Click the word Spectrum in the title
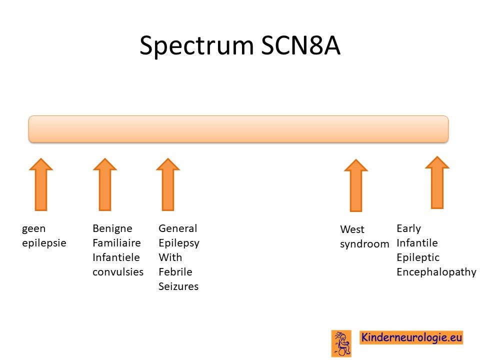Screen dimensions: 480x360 pyautogui.click(x=196, y=46)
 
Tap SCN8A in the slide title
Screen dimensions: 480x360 pyautogui.click(x=300, y=45)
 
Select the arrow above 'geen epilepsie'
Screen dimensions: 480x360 pyautogui.click(x=41, y=184)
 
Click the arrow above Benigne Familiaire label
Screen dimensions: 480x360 pyautogui.click(x=105, y=184)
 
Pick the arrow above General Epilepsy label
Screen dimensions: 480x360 pyautogui.click(x=168, y=184)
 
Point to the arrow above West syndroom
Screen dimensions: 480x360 pyautogui.click(x=355, y=185)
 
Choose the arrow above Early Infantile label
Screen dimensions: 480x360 pyautogui.click(x=437, y=182)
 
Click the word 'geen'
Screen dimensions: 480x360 pyautogui.click(x=33, y=228)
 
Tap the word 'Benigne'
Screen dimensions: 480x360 pyautogui.click(x=112, y=228)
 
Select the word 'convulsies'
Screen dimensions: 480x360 pyautogui.click(x=118, y=272)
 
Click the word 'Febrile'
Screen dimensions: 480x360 pyautogui.click(x=175, y=272)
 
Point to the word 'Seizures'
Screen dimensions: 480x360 pyautogui.click(x=178, y=286)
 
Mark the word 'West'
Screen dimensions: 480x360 pyautogui.click(x=352, y=229)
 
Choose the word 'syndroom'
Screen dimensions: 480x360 pyautogui.click(x=364, y=244)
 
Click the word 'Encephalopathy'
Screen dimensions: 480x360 pyautogui.click(x=436, y=272)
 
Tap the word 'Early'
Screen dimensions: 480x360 pyautogui.click(x=408, y=228)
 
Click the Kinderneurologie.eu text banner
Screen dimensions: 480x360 pyautogui.click(x=411, y=337)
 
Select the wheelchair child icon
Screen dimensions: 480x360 pyautogui.click(x=341, y=343)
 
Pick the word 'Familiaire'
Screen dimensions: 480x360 pyautogui.click(x=116, y=243)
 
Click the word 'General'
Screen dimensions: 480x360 pyautogui.click(x=178, y=228)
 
